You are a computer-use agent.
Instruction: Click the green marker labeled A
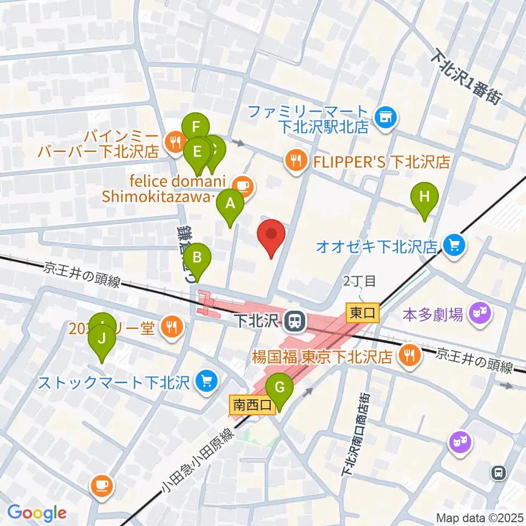point(231,204)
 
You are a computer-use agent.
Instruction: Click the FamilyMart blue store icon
point(386,117)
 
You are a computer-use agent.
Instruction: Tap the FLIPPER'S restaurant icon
point(296,161)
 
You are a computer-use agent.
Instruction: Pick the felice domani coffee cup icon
point(243,185)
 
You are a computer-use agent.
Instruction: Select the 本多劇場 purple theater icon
point(481,314)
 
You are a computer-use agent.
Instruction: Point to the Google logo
point(37,512)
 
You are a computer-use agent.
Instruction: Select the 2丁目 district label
point(359,282)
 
